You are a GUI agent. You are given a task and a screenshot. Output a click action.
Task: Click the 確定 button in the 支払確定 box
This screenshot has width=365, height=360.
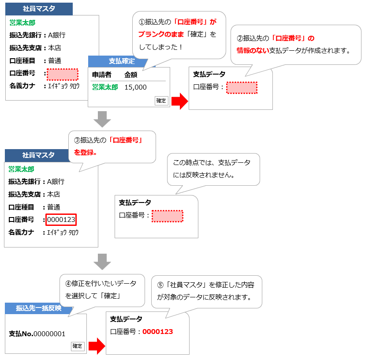click(161, 101)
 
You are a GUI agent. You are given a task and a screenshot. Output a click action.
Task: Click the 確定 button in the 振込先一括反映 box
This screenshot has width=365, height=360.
click(77, 346)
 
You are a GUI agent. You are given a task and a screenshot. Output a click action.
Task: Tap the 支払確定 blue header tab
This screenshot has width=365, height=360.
click(122, 61)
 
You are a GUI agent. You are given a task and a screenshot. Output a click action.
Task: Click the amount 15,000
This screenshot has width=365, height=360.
click(135, 87)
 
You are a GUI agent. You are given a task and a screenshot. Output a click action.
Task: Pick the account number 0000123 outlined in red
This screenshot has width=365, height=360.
click(61, 219)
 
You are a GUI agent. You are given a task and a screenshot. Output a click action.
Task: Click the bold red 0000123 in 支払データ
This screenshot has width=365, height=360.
click(157, 332)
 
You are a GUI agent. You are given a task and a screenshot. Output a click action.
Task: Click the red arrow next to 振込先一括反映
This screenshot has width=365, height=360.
click(97, 346)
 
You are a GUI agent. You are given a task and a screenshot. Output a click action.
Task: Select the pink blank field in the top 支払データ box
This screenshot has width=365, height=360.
click(242, 87)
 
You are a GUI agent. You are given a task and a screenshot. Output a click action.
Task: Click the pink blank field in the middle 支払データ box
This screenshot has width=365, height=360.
click(167, 216)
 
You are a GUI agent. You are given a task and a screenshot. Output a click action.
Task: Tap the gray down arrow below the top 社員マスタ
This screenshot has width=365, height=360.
click(102, 119)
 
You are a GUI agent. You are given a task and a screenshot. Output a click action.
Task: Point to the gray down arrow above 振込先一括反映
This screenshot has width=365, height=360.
click(102, 261)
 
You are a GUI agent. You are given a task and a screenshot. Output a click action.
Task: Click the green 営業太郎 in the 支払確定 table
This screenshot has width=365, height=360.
click(105, 87)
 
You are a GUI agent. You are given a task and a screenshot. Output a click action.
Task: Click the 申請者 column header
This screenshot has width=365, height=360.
click(101, 75)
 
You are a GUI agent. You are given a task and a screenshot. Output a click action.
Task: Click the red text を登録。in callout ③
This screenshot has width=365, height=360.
click(86, 153)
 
